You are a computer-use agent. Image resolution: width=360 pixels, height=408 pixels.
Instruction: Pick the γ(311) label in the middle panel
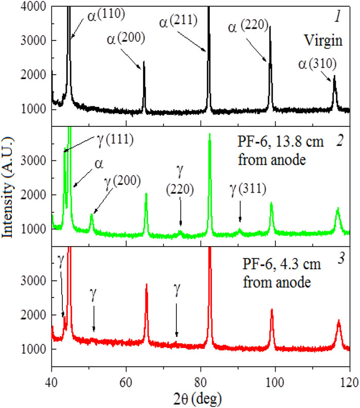pos(248,189)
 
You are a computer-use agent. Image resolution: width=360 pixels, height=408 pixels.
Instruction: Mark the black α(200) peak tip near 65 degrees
pos(143,61)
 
